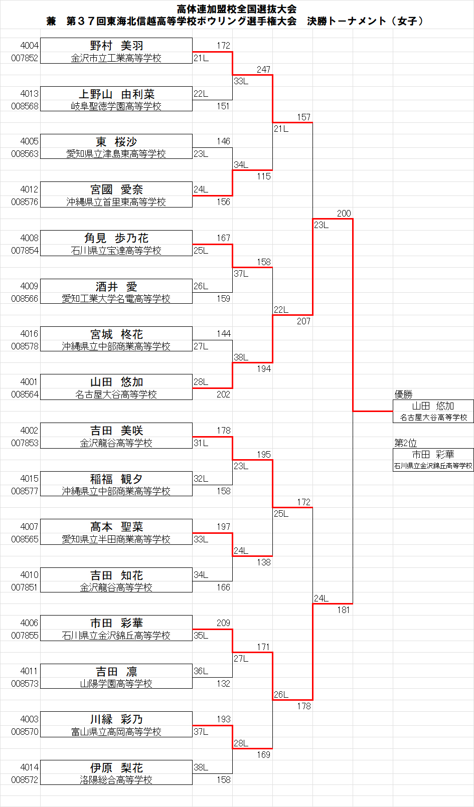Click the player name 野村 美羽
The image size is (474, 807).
coord(116,46)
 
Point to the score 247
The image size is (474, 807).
coord(263,70)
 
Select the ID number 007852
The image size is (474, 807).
coord(25,58)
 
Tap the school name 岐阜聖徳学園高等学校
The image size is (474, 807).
coord(116,106)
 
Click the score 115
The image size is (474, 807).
coord(263,176)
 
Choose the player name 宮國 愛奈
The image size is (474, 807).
coord(116,189)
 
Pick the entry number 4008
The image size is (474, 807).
coord(29,238)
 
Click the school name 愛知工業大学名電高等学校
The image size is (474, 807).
coord(116,299)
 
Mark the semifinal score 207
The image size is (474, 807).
coord(303,321)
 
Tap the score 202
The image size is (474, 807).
coord(223,394)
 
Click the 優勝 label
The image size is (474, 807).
coord(403,394)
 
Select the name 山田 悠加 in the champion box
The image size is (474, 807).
coord(433,406)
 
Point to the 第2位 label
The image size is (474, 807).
coord(405,443)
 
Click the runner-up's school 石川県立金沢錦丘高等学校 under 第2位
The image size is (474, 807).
coord(433,466)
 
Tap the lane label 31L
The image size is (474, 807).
coord(201,443)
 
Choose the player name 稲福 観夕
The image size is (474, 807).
coord(116,479)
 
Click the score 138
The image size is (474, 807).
coord(263,562)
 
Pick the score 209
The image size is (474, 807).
coord(223,623)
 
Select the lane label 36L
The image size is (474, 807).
coord(201,671)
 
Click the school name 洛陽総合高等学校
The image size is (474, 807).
coord(116,780)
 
